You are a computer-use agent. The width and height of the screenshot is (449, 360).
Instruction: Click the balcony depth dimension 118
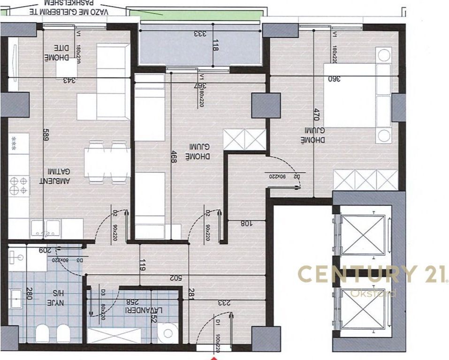click(x=216, y=46)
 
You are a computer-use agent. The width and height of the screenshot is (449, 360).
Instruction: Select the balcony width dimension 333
click(x=201, y=33)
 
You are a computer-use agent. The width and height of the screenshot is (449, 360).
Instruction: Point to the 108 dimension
click(x=247, y=224)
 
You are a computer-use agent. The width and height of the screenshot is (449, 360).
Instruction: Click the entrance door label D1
click(x=218, y=323)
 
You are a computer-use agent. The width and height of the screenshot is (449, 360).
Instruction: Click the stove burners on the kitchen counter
click(x=19, y=185)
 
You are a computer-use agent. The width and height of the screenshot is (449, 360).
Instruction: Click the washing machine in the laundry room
click(x=167, y=333)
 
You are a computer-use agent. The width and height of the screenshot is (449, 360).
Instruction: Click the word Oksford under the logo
click(x=373, y=293)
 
